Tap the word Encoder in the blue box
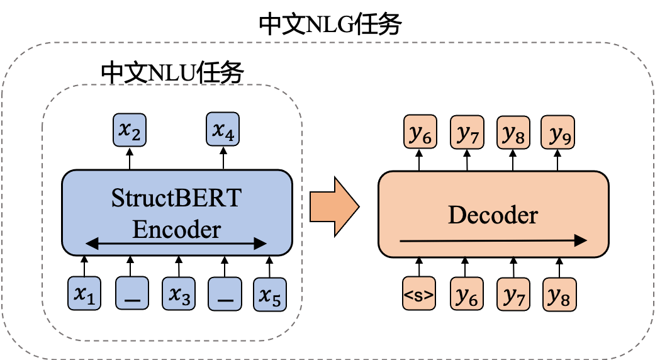(x=176, y=229)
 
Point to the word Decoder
(x=493, y=215)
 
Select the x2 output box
(x=130, y=131)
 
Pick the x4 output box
(x=223, y=131)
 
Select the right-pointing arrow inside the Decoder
(x=493, y=240)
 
